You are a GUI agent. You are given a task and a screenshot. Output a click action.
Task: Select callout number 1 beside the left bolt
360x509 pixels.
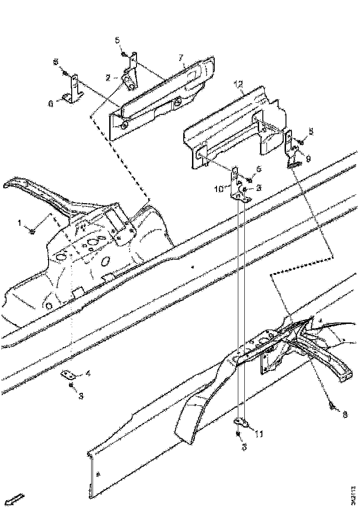coord(20,223)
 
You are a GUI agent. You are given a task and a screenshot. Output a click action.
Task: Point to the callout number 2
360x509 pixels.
coord(108,78)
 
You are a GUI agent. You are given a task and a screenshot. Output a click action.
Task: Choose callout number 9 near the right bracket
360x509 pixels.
coord(308,158)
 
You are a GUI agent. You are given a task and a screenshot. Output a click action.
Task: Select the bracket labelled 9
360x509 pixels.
coord(292,149)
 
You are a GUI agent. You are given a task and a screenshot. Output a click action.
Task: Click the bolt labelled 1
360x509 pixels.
coord(32,230)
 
